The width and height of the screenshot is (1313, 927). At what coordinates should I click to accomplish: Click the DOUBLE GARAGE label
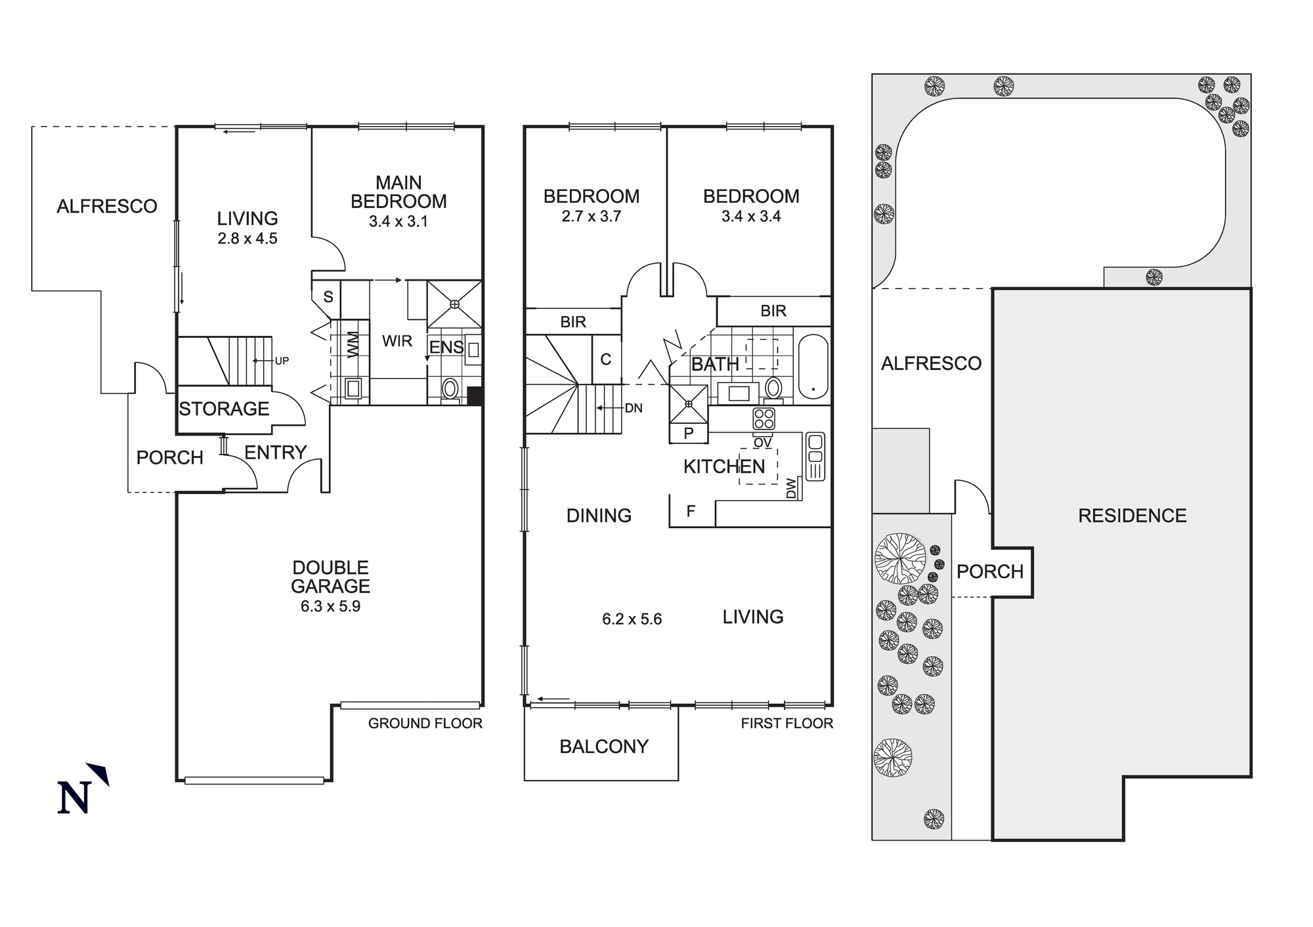[x=330, y=577]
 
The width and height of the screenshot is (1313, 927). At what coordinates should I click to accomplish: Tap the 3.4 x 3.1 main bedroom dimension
[x=398, y=222]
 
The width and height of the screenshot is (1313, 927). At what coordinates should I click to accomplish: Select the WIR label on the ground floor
[x=397, y=341]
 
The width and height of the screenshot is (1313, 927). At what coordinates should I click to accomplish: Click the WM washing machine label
[x=353, y=346]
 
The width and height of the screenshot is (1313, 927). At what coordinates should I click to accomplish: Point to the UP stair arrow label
[x=282, y=361]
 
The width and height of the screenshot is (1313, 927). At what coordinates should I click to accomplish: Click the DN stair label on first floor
[x=634, y=408]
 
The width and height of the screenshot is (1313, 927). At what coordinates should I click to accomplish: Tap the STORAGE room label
[x=224, y=409]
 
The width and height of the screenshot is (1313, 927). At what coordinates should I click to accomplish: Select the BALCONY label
[x=603, y=747]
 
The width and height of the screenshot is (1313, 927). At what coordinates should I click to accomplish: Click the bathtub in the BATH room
[x=813, y=367]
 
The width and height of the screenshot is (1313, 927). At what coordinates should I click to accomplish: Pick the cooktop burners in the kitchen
[x=764, y=419]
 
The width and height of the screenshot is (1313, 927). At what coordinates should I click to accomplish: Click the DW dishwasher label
[x=791, y=488]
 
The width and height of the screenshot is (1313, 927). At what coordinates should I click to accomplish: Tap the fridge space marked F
[x=691, y=511]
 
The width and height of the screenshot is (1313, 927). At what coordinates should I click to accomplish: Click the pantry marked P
[x=689, y=433]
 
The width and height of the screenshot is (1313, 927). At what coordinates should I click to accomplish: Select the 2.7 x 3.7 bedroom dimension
[x=591, y=216]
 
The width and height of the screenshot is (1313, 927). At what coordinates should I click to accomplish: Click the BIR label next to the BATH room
[x=773, y=311]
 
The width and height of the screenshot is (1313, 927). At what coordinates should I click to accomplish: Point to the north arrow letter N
[x=74, y=797]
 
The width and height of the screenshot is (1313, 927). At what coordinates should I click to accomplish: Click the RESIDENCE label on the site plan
[x=1132, y=516]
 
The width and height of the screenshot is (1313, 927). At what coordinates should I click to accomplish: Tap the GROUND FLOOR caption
[x=425, y=724]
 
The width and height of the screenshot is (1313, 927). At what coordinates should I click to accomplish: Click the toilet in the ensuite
[x=450, y=388]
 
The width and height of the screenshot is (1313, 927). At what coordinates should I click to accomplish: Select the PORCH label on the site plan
[x=989, y=572]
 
